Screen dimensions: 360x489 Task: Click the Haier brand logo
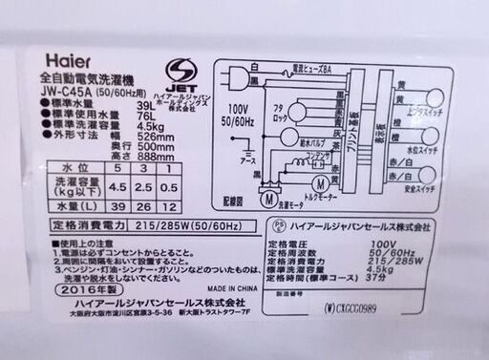coord(61,60)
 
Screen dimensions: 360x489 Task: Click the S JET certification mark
coord(178,73)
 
